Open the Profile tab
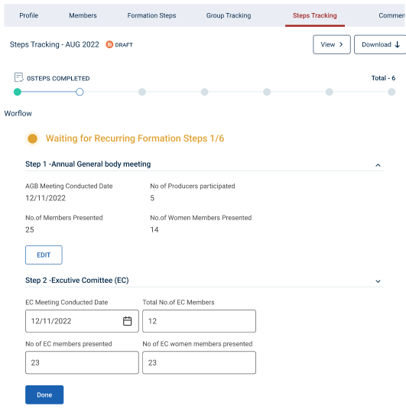29,15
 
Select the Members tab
83,15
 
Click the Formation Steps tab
151,15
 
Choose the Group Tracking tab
229,15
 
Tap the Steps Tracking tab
315,15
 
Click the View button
332,44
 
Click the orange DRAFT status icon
109,44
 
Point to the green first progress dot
18,92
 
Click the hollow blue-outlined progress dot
80,92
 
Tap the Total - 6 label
383,78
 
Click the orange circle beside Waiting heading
33,138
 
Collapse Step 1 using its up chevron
378,165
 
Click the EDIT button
44,255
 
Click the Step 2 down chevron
378,281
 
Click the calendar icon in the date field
128,321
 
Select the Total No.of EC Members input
199,321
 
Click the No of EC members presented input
82,362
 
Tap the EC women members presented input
199,362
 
